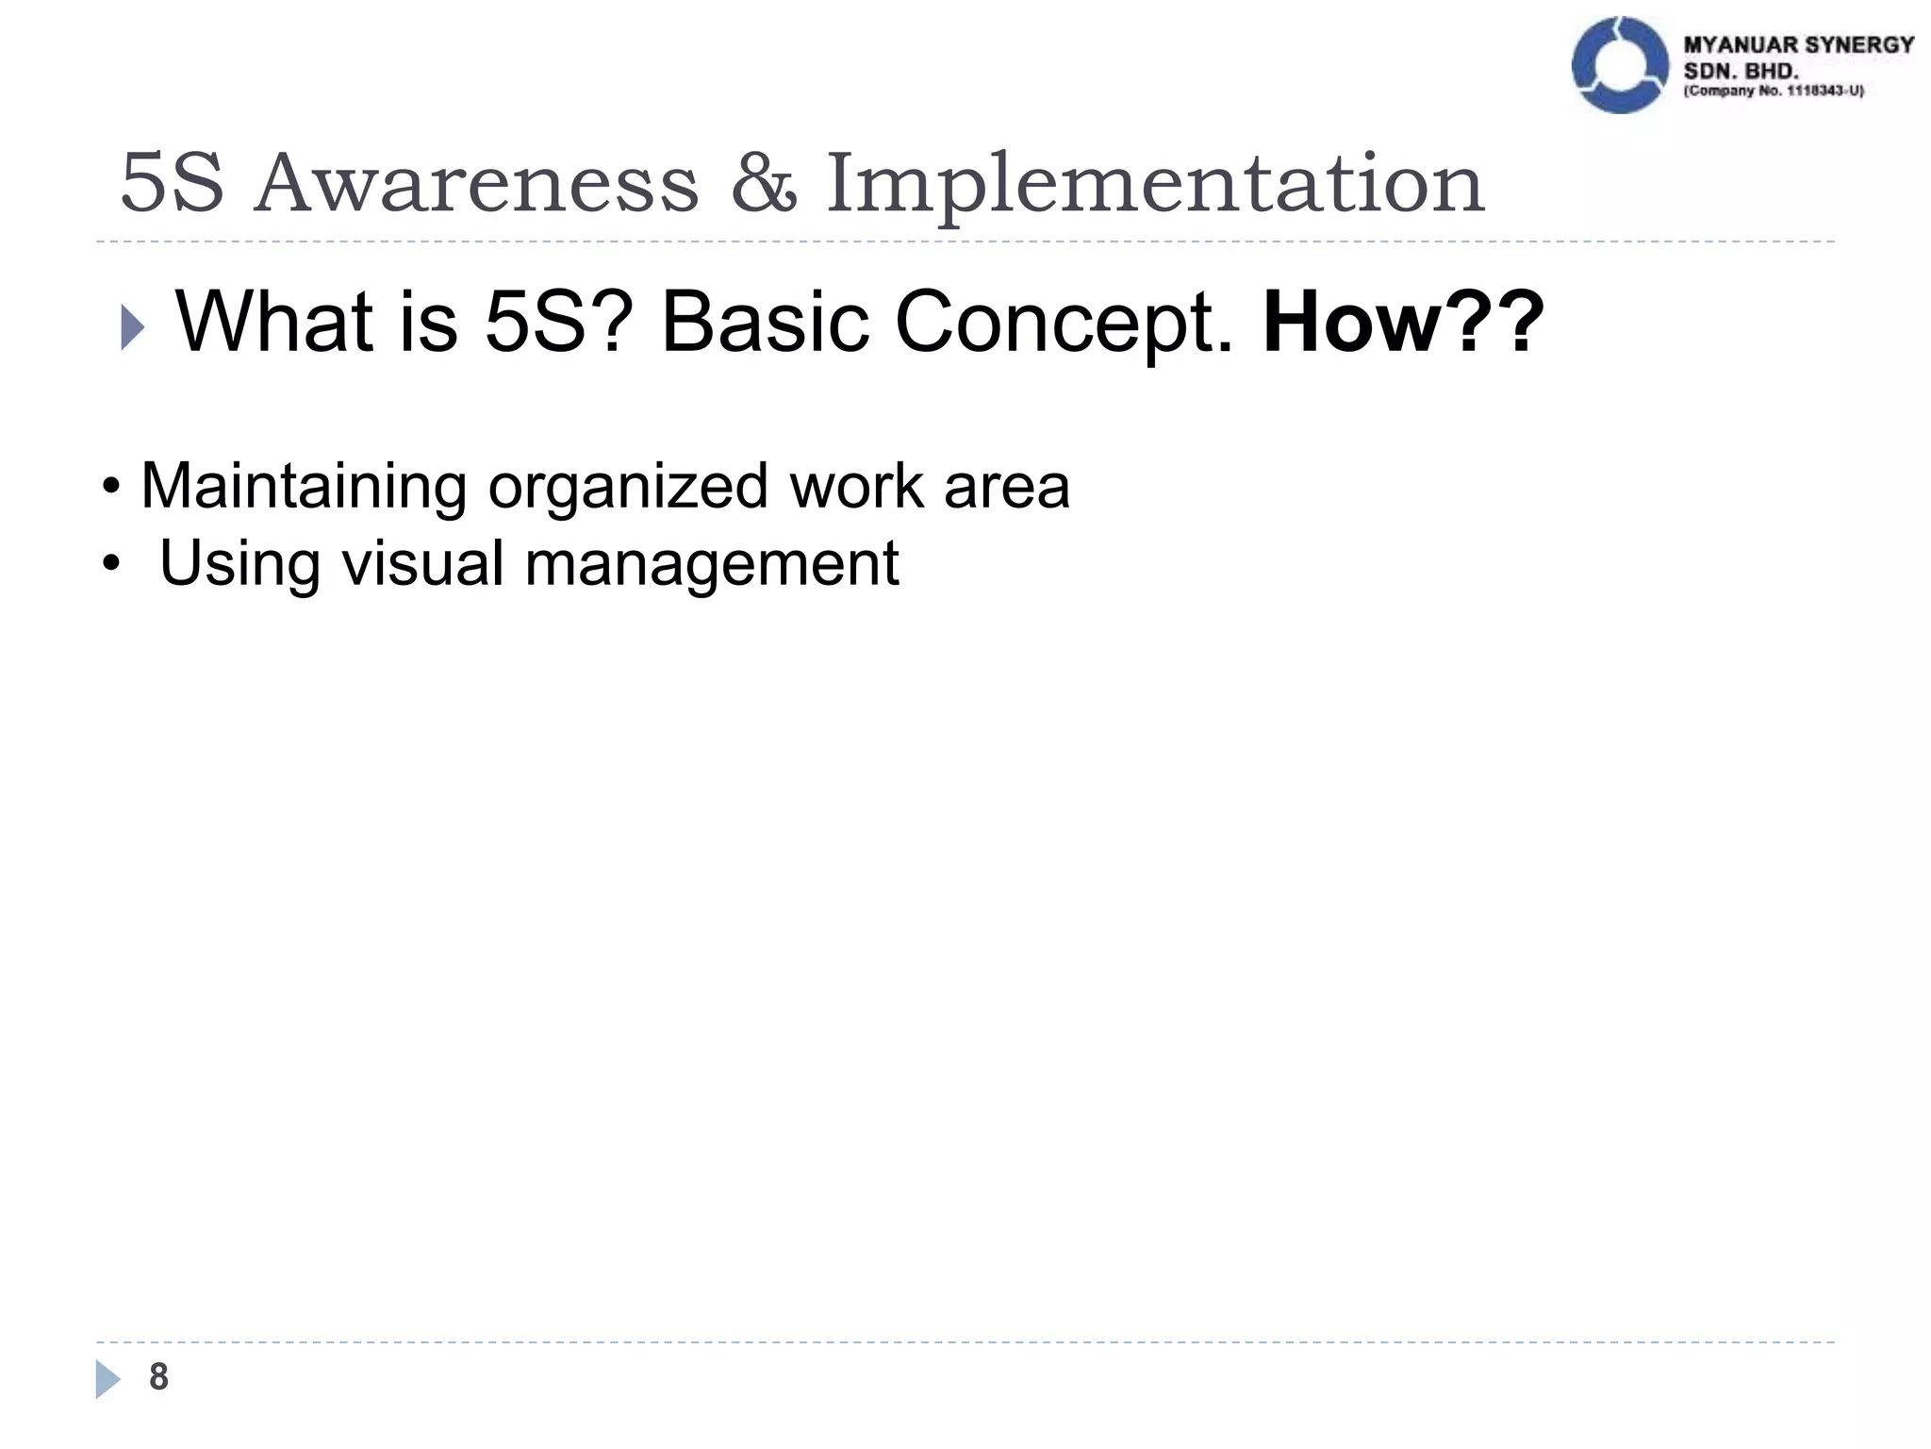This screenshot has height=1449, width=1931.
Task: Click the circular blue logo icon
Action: (x=1620, y=65)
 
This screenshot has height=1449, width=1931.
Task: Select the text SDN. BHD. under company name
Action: (x=1741, y=71)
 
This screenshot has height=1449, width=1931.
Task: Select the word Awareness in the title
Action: (x=476, y=183)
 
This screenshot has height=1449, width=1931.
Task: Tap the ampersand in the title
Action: (x=763, y=183)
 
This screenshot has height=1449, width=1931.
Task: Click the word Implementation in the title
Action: (x=1155, y=183)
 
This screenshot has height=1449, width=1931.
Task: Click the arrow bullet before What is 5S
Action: (x=133, y=329)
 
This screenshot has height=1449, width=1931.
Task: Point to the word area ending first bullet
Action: (x=1006, y=487)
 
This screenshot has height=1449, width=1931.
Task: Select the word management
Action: (x=711, y=563)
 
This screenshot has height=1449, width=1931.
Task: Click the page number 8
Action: (x=158, y=1376)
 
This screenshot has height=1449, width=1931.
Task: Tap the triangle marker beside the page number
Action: (x=107, y=1378)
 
